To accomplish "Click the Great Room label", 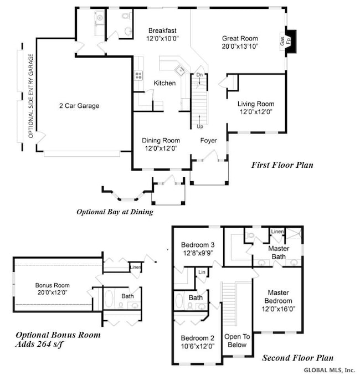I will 241,38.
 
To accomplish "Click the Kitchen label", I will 164,83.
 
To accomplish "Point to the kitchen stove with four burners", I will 138,76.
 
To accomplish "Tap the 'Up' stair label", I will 200,127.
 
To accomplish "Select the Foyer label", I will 209,141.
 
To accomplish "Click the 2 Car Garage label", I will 80,106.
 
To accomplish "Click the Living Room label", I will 256,104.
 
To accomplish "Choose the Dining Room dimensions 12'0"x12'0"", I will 161,149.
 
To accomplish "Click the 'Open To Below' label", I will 238,340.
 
